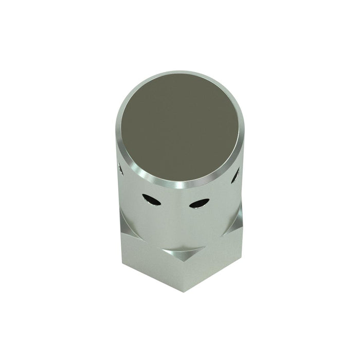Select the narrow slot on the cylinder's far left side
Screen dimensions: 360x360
click(x=121, y=168)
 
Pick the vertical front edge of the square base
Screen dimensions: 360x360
click(x=183, y=273)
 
